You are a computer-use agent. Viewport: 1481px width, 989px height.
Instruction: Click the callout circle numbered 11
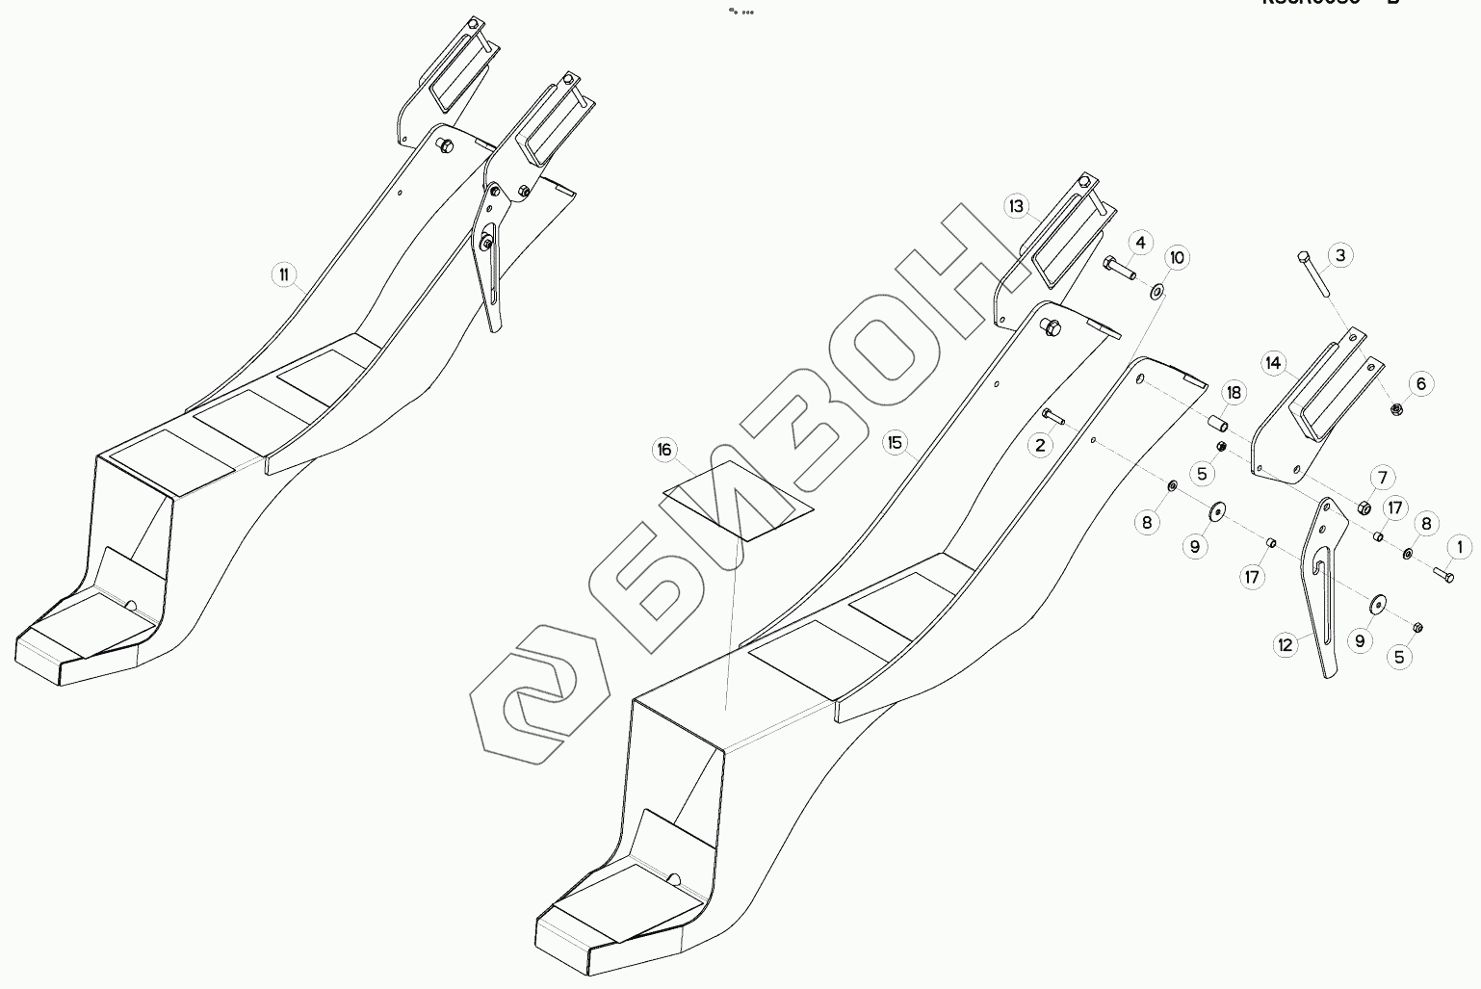click(x=284, y=275)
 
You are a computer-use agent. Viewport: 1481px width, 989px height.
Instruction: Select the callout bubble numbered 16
click(x=664, y=450)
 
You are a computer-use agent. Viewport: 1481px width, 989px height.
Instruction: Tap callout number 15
click(x=896, y=443)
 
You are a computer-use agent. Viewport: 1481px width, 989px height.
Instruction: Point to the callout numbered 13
click(x=1017, y=206)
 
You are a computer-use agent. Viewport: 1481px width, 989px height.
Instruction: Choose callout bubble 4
click(x=1139, y=243)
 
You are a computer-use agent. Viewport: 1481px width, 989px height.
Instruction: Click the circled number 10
click(x=1177, y=258)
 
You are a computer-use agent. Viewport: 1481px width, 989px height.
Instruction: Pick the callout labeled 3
click(x=1339, y=255)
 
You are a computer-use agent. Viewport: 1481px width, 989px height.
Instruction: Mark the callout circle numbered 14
click(x=1274, y=363)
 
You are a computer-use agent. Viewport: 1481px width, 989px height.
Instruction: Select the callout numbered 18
click(x=1234, y=393)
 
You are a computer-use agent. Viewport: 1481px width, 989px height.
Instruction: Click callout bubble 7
click(x=1382, y=478)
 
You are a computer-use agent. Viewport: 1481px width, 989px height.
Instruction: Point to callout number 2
click(x=1040, y=445)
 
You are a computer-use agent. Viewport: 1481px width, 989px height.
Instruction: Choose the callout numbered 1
click(x=1459, y=548)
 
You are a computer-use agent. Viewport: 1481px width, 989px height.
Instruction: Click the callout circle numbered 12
click(x=1286, y=645)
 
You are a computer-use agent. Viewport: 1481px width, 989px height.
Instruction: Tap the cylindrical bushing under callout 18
click(x=1218, y=424)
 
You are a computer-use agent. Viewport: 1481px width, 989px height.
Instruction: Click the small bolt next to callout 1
click(x=1443, y=574)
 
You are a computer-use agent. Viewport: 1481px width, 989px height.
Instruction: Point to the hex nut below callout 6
click(x=1396, y=409)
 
